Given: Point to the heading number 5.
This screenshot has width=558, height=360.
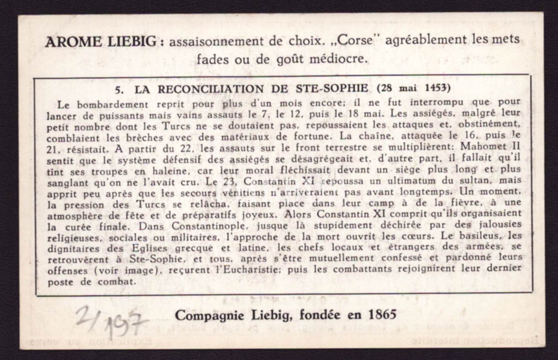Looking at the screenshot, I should click(x=118, y=89).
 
